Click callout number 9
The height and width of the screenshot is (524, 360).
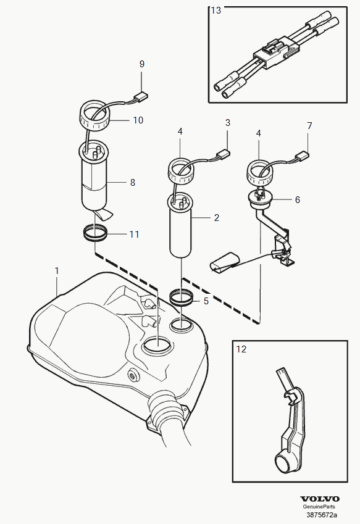click(142, 64)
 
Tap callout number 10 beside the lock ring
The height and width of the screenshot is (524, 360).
click(138, 120)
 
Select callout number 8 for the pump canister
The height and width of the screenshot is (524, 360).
click(133, 183)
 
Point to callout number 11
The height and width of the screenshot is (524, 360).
click(134, 235)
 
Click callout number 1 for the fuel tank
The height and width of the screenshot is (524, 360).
click(57, 271)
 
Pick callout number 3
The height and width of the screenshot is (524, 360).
click(228, 123)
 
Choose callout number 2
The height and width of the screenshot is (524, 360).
click(217, 218)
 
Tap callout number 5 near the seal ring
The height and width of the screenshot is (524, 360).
click(206, 301)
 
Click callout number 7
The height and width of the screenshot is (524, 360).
click(309, 126)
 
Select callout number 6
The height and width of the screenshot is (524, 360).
click(298, 200)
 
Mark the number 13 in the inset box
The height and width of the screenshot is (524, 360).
click(216, 10)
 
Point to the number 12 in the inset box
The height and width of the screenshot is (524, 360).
click(241, 349)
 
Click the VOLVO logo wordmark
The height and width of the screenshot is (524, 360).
click(320, 499)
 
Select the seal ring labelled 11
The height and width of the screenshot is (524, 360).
click(95, 233)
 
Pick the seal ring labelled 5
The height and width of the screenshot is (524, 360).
click(181, 297)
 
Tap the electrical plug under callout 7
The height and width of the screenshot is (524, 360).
click(302, 156)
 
